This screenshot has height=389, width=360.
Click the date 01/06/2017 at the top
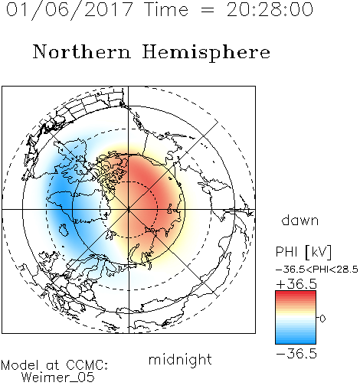click(69, 10)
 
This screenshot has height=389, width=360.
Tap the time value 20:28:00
click(270, 10)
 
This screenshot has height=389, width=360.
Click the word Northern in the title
click(82, 51)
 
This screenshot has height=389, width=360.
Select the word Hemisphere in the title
click(206, 52)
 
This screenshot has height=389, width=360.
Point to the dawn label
click(300, 220)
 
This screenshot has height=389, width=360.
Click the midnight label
click(180, 359)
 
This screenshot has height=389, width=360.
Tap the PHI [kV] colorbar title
click(304, 252)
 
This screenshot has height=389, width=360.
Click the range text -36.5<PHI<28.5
click(317, 270)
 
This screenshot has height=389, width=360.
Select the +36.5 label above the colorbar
click(296, 284)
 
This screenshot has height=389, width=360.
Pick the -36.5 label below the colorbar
click(296, 354)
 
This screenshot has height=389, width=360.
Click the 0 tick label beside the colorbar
click(322, 319)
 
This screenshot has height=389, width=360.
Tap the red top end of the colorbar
click(296, 293)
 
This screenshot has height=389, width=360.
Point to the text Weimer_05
click(58, 377)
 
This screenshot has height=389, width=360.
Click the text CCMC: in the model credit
click(87, 365)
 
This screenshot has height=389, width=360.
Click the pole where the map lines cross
click(129, 210)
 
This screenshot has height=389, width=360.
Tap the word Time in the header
click(166, 10)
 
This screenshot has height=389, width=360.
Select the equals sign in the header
click(208, 10)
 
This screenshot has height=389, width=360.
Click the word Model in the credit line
click(20, 365)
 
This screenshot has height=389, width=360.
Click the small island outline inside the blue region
click(64, 230)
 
